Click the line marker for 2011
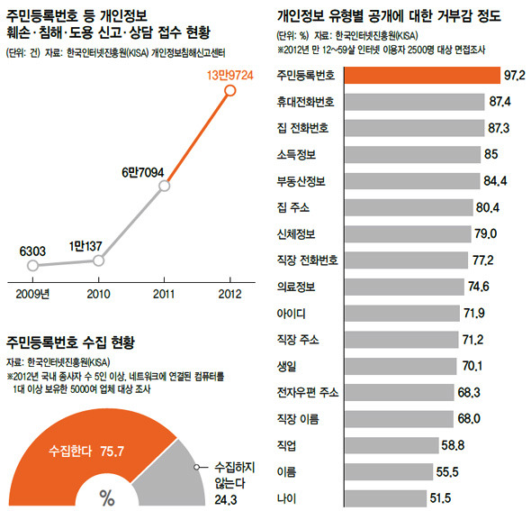coord(164,187)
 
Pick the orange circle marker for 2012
coord(229,91)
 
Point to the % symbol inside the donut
coord(107,497)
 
